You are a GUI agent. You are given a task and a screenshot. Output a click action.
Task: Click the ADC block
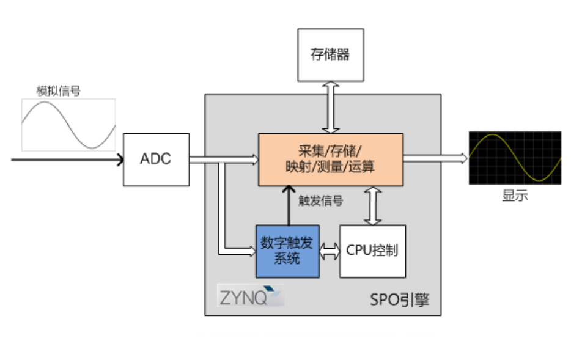[156, 159]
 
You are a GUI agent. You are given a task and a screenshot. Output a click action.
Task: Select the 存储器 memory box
[330, 54]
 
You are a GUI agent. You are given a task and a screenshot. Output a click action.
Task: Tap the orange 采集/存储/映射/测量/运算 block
[330, 159]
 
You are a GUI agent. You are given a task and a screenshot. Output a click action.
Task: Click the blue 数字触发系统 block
[287, 251]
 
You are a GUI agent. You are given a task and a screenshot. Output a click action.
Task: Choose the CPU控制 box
[372, 251]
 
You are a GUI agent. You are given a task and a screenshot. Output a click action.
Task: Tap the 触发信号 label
[320, 200]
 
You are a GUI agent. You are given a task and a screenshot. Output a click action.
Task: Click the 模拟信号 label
[59, 91]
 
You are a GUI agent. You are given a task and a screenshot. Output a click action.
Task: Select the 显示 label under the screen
[515, 197]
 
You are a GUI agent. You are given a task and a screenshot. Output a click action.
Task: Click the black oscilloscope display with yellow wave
[515, 158]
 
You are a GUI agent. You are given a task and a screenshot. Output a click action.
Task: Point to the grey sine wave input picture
[68, 125]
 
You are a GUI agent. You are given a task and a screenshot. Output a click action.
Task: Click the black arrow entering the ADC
[67, 160]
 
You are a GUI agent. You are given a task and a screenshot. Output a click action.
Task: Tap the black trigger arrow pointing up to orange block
[287, 205]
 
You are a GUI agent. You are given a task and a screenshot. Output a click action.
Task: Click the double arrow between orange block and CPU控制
[372, 205]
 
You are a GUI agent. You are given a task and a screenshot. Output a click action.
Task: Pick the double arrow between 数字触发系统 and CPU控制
[329, 251]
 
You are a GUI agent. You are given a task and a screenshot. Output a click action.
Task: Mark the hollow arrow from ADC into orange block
[224, 160]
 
